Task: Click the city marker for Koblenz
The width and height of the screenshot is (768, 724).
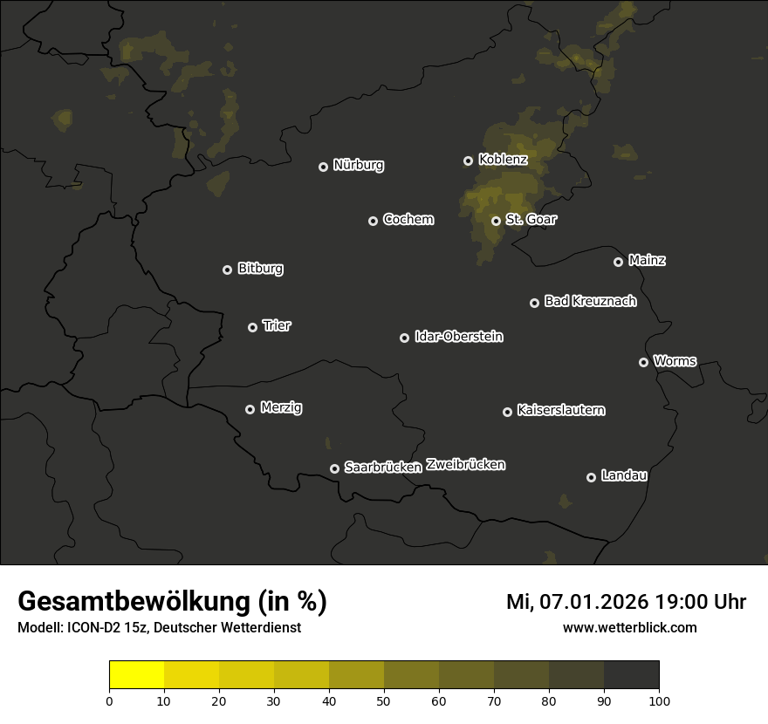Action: point(468,161)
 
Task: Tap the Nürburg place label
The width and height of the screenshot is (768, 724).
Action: point(359,165)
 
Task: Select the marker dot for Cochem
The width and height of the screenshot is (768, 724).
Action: point(373,221)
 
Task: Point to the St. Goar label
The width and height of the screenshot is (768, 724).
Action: point(531,219)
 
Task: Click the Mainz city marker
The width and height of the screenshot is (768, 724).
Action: point(618,262)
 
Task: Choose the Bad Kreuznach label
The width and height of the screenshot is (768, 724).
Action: point(590,301)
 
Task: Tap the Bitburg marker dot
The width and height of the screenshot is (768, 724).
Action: point(227,270)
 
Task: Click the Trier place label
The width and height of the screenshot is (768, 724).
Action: point(277,325)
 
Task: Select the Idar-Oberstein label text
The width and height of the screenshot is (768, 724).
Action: point(459,336)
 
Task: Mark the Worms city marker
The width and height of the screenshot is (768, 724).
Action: point(643,362)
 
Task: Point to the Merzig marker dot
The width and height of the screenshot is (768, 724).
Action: point(250,409)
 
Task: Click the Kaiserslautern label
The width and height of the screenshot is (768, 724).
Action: point(561,410)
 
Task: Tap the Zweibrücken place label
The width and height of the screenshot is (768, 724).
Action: point(466,464)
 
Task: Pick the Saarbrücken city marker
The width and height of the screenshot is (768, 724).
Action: point(334,468)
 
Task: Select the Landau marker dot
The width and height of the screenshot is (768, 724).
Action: point(591,477)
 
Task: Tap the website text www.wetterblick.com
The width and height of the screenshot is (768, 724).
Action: point(629,627)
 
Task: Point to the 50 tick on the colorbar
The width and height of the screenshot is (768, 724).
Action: point(384,700)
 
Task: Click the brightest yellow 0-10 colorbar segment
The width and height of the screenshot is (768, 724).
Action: point(137,675)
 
